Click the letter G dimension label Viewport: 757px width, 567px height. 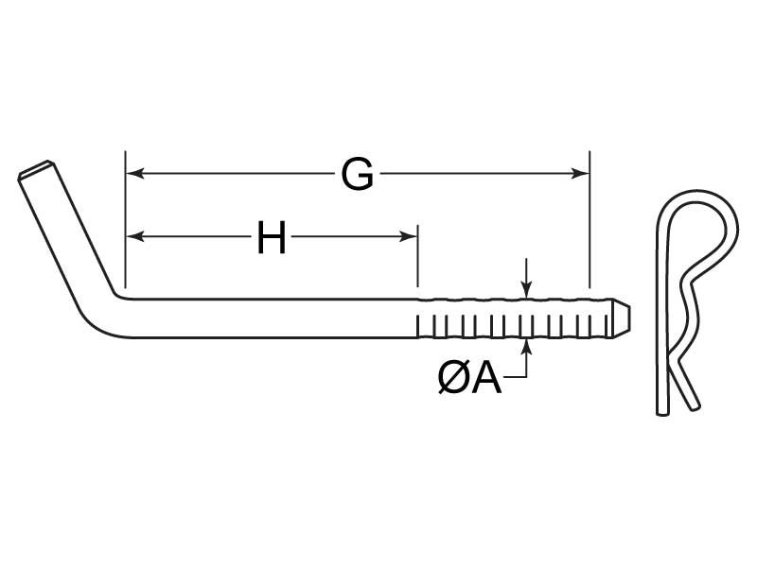(x=357, y=175)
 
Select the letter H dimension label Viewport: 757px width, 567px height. (x=272, y=238)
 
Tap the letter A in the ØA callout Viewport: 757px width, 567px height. (x=484, y=379)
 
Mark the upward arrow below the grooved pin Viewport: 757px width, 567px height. (x=527, y=350)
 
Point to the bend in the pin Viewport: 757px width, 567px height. (x=109, y=312)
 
